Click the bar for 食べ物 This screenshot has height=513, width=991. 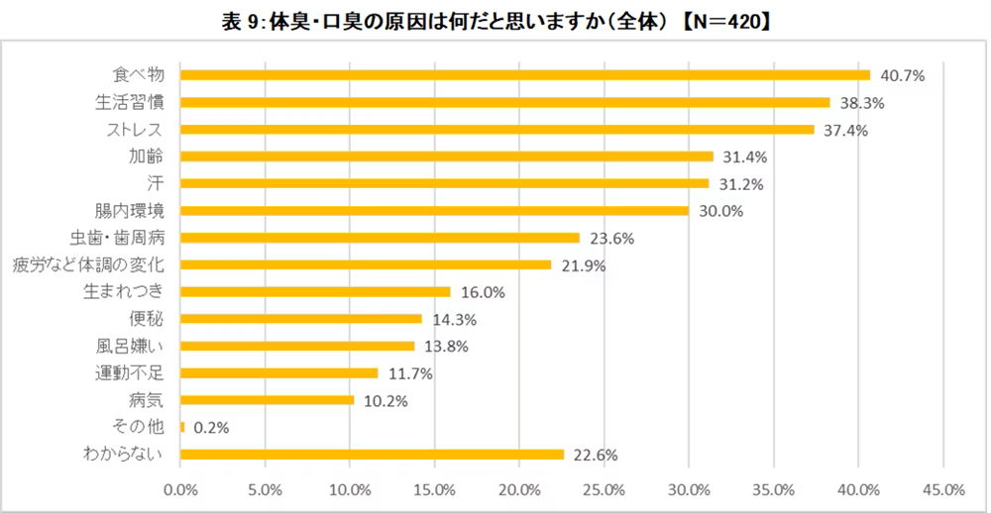click(525, 75)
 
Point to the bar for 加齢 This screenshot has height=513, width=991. click(447, 156)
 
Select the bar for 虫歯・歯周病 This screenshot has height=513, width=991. click(381, 238)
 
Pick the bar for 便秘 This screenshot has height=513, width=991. click(301, 319)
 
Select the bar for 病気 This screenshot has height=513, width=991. click(268, 400)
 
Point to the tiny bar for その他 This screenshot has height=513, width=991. click(182, 427)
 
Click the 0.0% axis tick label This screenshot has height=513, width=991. click(181, 489)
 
